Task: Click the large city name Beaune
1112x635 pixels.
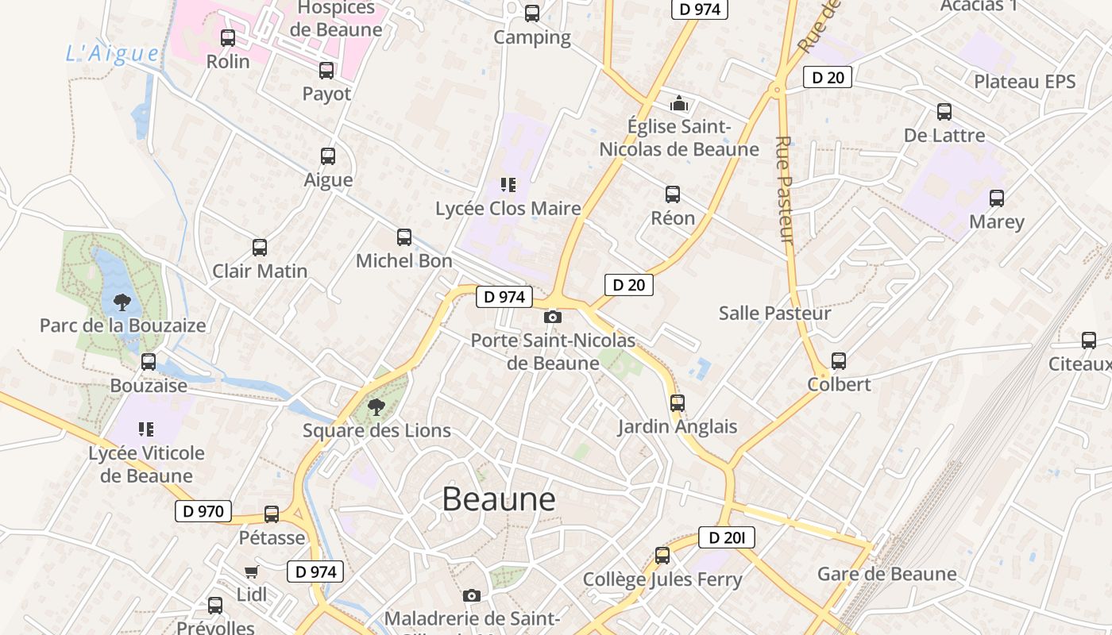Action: (x=499, y=499)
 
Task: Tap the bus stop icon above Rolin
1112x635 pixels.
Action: (x=228, y=37)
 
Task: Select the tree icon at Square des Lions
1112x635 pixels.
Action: (x=377, y=407)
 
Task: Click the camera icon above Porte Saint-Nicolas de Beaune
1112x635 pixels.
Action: (x=553, y=317)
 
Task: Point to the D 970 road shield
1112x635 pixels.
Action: (x=203, y=511)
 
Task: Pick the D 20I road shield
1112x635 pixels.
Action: (x=726, y=537)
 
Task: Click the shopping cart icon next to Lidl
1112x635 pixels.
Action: (x=252, y=571)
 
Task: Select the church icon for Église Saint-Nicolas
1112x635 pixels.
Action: (x=679, y=103)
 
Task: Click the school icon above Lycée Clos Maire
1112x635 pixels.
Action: (x=508, y=185)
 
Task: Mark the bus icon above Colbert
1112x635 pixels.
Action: (x=839, y=361)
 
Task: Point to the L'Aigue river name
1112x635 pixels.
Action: (x=112, y=53)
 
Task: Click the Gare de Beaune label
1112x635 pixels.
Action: (x=886, y=574)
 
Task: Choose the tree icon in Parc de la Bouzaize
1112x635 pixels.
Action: (x=122, y=302)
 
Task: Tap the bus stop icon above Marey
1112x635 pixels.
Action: (x=997, y=198)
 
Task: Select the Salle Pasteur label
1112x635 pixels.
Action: (x=774, y=313)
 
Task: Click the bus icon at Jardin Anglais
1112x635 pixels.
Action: (x=678, y=403)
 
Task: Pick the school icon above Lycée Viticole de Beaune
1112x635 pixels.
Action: (x=146, y=429)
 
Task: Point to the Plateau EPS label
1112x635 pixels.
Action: (x=1025, y=82)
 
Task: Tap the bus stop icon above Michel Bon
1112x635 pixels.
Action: (x=404, y=237)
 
